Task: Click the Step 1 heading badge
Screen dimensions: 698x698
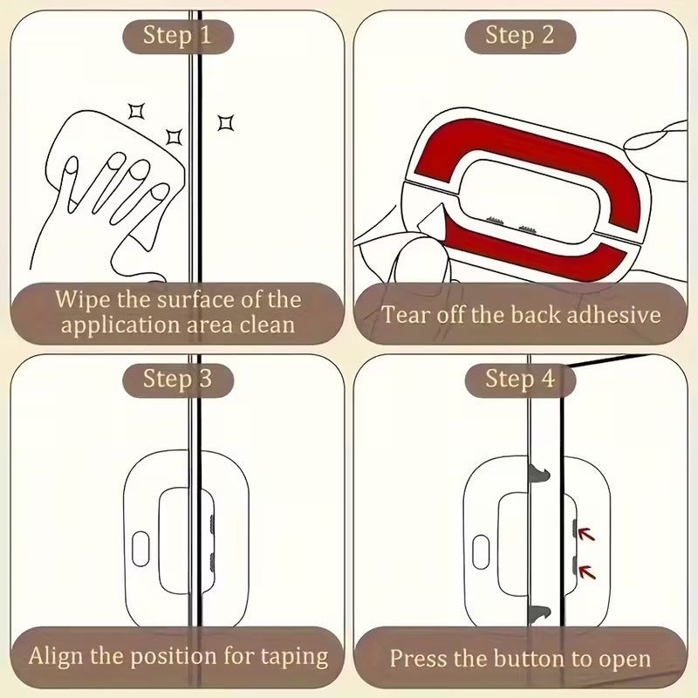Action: point(177,36)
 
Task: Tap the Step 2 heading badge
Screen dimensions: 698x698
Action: point(520,36)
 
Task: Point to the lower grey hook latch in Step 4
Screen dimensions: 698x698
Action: point(540,612)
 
